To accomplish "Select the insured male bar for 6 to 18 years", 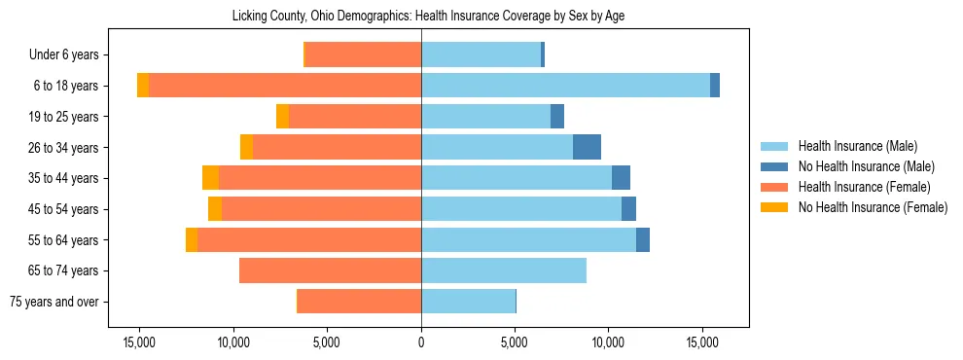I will tap(565, 86).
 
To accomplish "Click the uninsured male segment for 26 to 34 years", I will tap(587, 147).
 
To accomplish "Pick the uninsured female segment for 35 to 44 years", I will tap(210, 178).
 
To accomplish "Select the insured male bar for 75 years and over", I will tap(468, 302).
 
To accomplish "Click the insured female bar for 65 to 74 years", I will tap(330, 270).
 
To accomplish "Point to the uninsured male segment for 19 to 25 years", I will tap(557, 117).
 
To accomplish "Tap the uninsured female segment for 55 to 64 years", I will tap(192, 239).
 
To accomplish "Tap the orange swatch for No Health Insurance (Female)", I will tap(776, 207).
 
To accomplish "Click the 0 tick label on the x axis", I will tap(421, 343).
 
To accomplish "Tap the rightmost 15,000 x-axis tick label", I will tap(702, 343).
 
